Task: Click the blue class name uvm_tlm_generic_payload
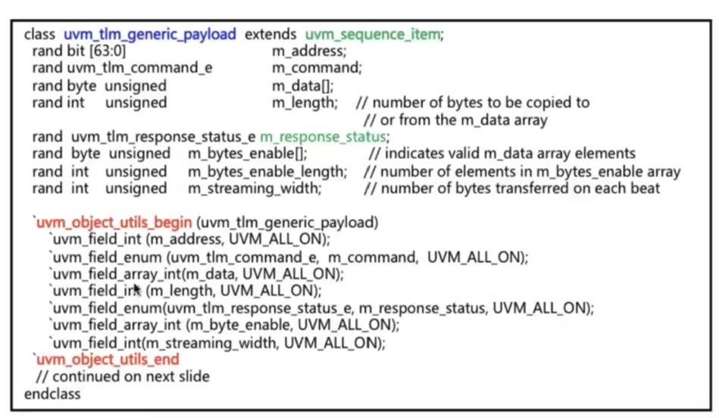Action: pos(150,34)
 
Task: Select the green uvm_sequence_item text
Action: pos(374,34)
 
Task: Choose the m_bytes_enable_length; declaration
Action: pos(267,171)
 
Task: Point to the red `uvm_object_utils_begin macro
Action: pos(111,223)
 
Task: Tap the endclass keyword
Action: pos(52,394)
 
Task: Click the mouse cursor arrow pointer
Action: pos(136,289)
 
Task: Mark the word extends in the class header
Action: pos(270,34)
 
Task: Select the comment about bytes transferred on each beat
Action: pos(513,188)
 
